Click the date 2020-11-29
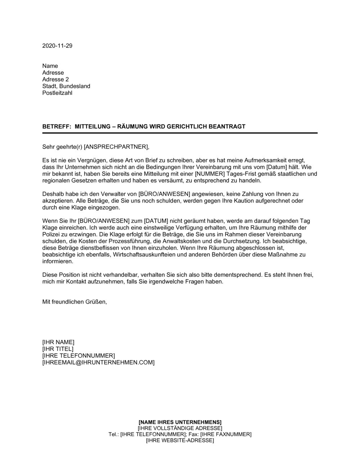pos(57,46)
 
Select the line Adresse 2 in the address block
pos(55,79)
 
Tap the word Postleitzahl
pos(57,93)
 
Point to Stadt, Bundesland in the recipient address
pos(66,86)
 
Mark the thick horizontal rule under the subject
pos(180,133)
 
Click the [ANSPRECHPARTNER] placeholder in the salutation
pos(116,146)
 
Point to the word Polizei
pos(52,234)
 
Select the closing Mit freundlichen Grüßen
pos(75,302)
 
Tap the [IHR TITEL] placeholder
pos(58,349)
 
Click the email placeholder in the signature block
pos(98,362)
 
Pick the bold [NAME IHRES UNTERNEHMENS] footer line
pos(180,422)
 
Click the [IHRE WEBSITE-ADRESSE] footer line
pos(180,441)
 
